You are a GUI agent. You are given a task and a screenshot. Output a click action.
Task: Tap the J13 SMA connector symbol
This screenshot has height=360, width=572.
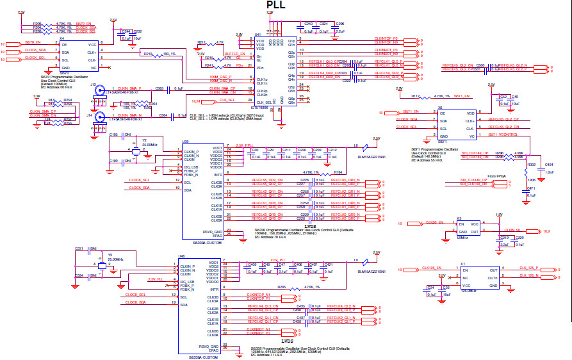click(100, 91)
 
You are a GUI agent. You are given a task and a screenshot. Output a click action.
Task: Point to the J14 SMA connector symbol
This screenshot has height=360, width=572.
click(100, 117)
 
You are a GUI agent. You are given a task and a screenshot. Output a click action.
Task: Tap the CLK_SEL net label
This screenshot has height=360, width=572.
click(227, 101)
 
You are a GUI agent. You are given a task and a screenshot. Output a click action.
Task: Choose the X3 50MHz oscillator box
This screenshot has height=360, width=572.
click(467, 227)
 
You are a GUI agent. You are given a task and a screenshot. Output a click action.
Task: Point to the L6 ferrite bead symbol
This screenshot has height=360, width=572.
click(364, 147)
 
